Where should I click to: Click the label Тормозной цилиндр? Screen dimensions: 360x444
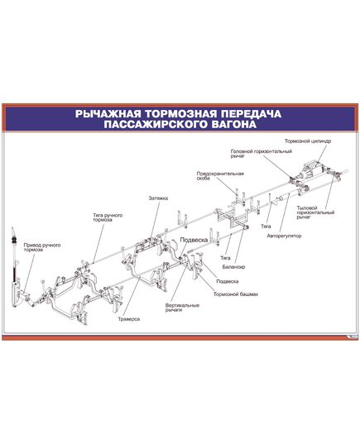coord(308,141)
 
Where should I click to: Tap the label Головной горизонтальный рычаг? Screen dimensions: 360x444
coord(261,154)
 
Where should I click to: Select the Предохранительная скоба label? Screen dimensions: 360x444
coord(220,176)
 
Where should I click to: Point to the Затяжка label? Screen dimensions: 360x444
coord(158,198)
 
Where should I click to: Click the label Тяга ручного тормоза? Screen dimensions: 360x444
coord(108,217)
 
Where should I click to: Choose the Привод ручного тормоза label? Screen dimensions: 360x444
coord(42,247)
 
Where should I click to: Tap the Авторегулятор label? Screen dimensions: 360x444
coord(284,236)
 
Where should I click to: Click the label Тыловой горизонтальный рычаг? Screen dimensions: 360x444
coord(315,212)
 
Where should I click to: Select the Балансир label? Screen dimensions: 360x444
coord(233,267)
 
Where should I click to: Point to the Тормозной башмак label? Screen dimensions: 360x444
coord(236,294)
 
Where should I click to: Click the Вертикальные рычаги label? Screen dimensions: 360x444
coord(182,308)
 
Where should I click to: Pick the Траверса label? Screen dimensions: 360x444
coord(129,319)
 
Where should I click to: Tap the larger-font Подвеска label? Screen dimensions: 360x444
coord(194,240)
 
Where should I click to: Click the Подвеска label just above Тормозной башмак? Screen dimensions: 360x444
coord(227,281)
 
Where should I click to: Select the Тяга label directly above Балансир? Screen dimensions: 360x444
coord(225,258)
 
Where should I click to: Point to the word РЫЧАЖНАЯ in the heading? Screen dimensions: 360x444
coord(108,114)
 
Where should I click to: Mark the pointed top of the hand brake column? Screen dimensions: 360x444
coord(12,227)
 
